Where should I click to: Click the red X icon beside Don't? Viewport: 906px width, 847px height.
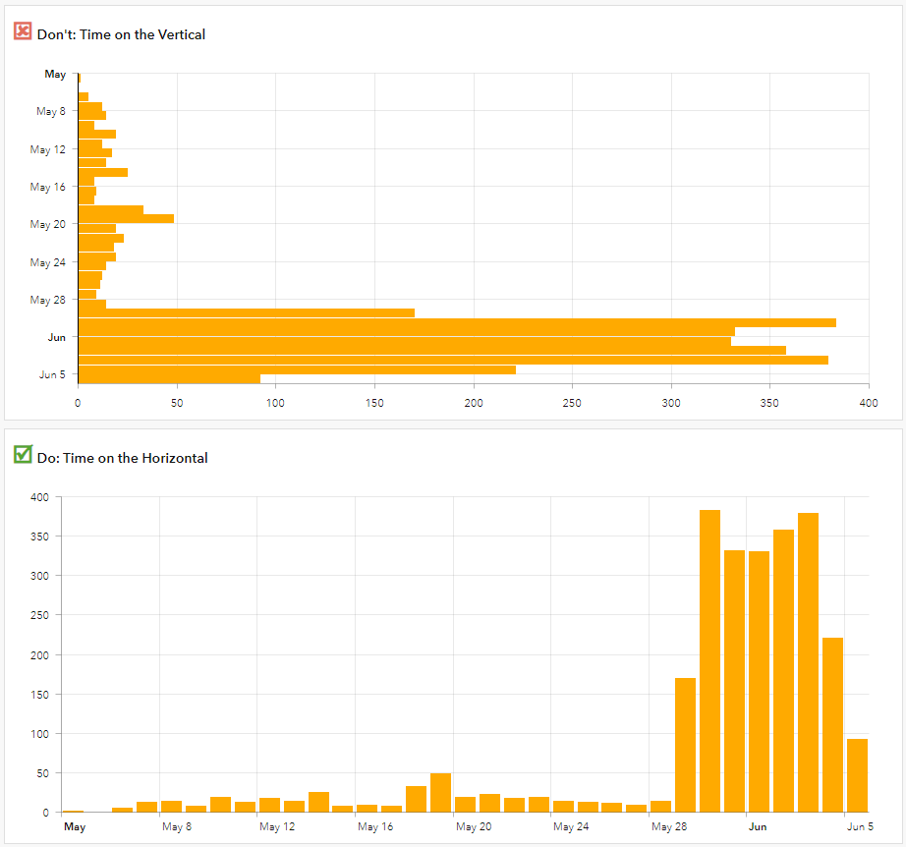[23, 31]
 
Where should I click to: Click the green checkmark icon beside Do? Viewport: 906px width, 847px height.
[23, 454]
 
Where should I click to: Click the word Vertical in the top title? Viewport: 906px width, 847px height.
[180, 34]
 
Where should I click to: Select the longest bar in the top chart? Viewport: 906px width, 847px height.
[457, 322]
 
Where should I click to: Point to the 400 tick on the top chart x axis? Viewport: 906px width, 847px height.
[869, 403]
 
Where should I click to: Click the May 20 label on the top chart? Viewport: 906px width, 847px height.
[47, 224]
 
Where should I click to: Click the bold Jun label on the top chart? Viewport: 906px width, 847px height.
[57, 337]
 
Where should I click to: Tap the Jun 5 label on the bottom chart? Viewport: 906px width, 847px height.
[860, 827]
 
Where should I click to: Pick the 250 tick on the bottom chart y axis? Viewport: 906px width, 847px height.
[38, 615]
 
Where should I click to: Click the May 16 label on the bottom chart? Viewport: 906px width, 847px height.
[374, 827]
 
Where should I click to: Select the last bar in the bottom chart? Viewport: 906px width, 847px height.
[857, 775]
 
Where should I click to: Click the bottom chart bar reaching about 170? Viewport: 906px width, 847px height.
[685, 745]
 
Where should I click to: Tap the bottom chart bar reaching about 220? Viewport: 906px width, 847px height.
[832, 725]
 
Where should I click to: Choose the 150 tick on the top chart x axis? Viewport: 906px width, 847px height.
[374, 403]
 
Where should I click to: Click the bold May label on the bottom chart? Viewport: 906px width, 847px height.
[75, 827]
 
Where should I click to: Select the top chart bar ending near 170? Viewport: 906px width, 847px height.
[246, 312]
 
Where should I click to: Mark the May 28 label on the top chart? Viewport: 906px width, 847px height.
[47, 300]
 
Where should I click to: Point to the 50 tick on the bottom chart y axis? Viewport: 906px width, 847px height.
[41, 773]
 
